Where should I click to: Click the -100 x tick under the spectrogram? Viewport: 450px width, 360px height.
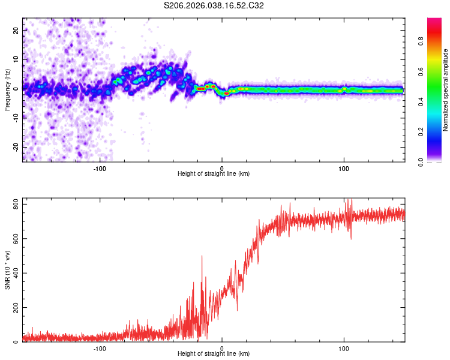click(100, 169)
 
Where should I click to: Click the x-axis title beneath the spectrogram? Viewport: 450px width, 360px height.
click(214, 174)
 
